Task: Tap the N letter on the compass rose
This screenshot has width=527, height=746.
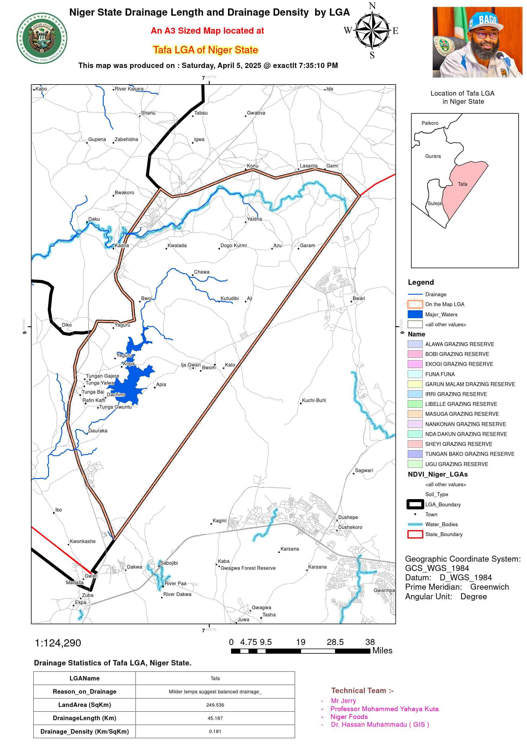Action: tap(372, 6)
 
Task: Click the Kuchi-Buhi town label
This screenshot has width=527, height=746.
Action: tap(314, 400)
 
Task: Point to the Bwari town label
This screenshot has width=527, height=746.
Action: tap(358, 298)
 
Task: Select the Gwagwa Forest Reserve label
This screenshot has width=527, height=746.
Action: tap(248, 568)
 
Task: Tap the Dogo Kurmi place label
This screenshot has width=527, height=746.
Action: tap(233, 245)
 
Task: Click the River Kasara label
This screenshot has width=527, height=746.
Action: tap(129, 89)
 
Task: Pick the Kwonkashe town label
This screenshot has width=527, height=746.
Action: tap(83, 541)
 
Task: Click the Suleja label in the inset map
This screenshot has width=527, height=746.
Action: tap(434, 203)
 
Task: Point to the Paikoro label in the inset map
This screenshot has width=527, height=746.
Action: tap(430, 123)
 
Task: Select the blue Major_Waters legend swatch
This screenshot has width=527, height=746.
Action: tap(415, 314)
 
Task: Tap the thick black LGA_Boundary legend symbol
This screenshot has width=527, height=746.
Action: tap(415, 504)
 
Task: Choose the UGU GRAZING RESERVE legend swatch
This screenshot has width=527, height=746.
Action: tap(415, 464)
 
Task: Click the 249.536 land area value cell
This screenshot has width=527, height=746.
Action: tap(215, 705)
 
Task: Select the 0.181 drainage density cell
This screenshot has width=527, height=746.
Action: tap(215, 731)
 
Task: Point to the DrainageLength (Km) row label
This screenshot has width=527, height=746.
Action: tap(84, 718)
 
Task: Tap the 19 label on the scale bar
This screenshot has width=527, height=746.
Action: tap(301, 642)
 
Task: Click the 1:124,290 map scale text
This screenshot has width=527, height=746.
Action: tap(58, 643)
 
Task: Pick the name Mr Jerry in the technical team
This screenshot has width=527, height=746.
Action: tap(343, 701)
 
